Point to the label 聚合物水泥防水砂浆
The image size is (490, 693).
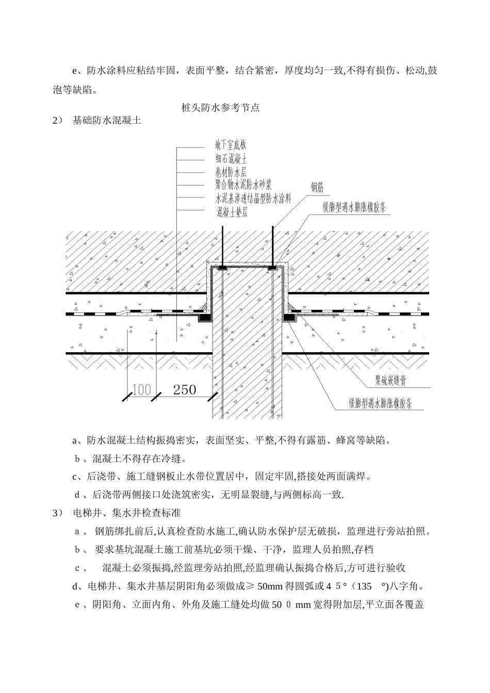(243, 185)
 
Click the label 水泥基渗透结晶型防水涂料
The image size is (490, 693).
(253, 198)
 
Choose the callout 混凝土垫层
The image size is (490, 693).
(232, 211)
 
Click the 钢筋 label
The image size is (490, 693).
(317, 188)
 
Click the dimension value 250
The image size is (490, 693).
(185, 390)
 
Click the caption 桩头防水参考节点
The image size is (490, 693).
(220, 108)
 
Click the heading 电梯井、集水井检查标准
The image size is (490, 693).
(126, 514)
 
